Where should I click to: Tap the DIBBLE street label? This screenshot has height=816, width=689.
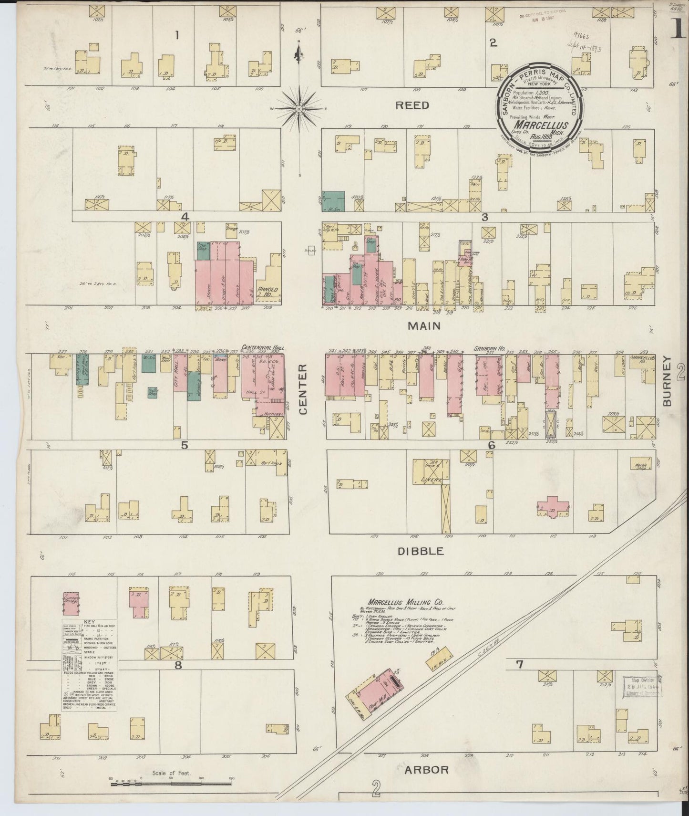pyautogui.click(x=421, y=551)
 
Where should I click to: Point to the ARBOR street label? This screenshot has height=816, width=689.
pyautogui.click(x=427, y=783)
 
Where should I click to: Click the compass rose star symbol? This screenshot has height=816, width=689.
pyautogui.click(x=299, y=109)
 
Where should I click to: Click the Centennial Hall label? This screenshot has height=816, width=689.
pyautogui.click(x=263, y=348)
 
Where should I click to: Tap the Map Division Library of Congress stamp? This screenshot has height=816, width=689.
pyautogui.click(x=640, y=686)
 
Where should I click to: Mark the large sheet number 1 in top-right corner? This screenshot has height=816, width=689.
pyautogui.click(x=676, y=31)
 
